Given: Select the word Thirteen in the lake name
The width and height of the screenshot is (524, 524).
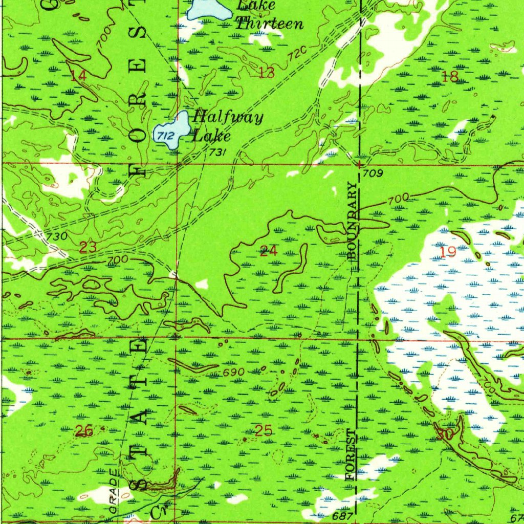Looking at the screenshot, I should (x=269, y=23).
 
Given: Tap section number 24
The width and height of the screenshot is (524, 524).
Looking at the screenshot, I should (x=269, y=251).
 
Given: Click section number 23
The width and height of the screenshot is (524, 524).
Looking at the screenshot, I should (x=88, y=248).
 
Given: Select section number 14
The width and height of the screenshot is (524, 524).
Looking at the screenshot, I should (x=78, y=76).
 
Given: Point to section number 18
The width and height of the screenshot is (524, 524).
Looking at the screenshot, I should (x=450, y=77).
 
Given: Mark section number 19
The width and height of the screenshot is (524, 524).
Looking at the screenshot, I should (x=448, y=251).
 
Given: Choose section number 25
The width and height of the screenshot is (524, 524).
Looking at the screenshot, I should (x=264, y=431).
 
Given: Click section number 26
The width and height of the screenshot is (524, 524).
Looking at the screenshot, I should (x=84, y=431).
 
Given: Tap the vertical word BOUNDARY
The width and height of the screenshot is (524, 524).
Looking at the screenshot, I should (x=352, y=221).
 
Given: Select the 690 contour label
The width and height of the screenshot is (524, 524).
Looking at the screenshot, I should (x=233, y=372).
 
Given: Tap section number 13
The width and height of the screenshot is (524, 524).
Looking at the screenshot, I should (x=267, y=73).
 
